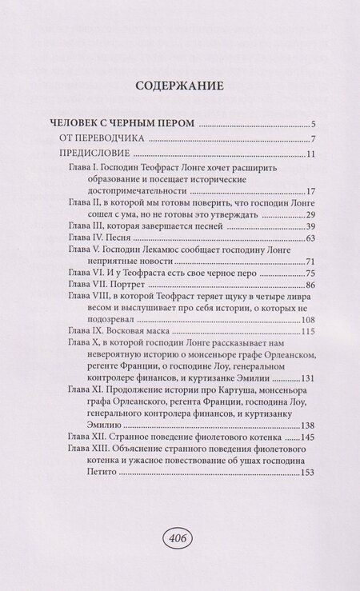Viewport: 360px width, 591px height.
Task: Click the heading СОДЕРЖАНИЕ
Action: (179, 86)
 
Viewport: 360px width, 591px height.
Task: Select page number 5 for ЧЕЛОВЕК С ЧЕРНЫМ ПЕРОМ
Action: (315, 125)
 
